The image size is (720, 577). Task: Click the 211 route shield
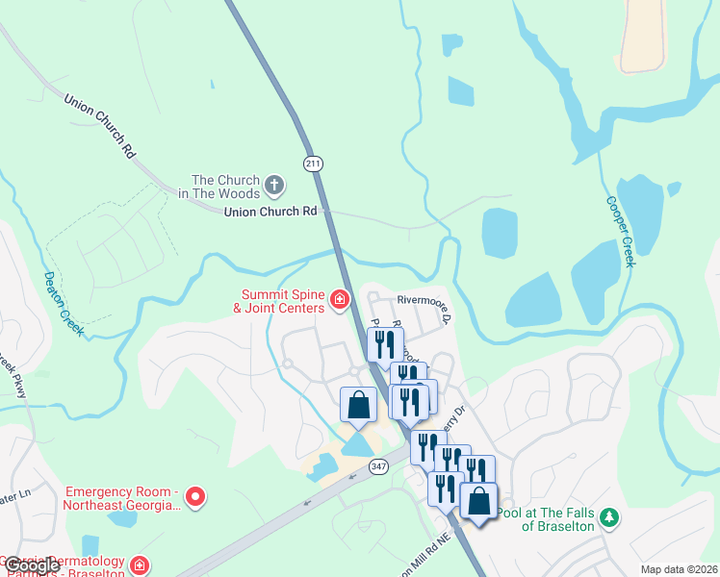tap(313, 163)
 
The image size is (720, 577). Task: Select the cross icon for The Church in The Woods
tap(273, 185)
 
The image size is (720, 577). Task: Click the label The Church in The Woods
tap(226, 187)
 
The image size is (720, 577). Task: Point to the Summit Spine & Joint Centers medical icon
tap(339, 301)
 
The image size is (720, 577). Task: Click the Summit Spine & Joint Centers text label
tap(279, 301)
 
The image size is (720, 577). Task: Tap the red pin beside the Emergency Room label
tap(195, 497)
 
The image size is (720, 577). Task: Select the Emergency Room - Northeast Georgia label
tap(122, 497)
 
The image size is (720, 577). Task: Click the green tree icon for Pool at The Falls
tap(608, 518)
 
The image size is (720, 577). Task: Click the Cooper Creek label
tap(619, 232)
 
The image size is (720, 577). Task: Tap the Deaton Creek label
tap(63, 302)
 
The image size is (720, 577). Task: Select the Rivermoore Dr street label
tap(416, 302)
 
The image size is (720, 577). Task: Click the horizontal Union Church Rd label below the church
tap(270, 212)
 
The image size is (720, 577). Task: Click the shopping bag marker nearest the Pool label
tap(478, 500)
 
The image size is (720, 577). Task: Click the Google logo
tap(32, 565)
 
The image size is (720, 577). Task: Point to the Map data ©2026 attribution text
tap(679, 569)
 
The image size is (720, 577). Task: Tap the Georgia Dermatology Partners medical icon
tap(140, 565)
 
